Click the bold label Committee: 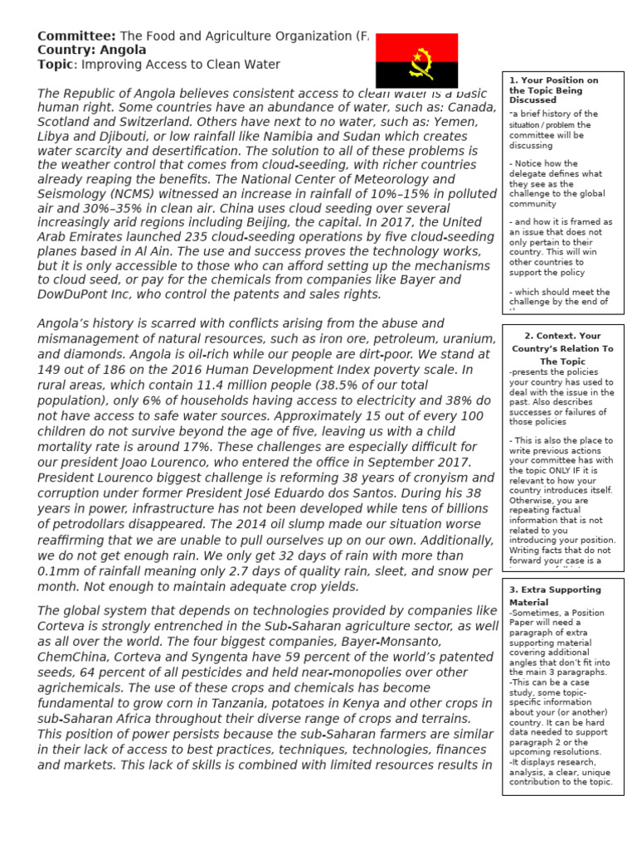77,36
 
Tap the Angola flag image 416,61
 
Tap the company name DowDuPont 74,294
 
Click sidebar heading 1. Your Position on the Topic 553,90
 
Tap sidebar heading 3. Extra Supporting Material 555,595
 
